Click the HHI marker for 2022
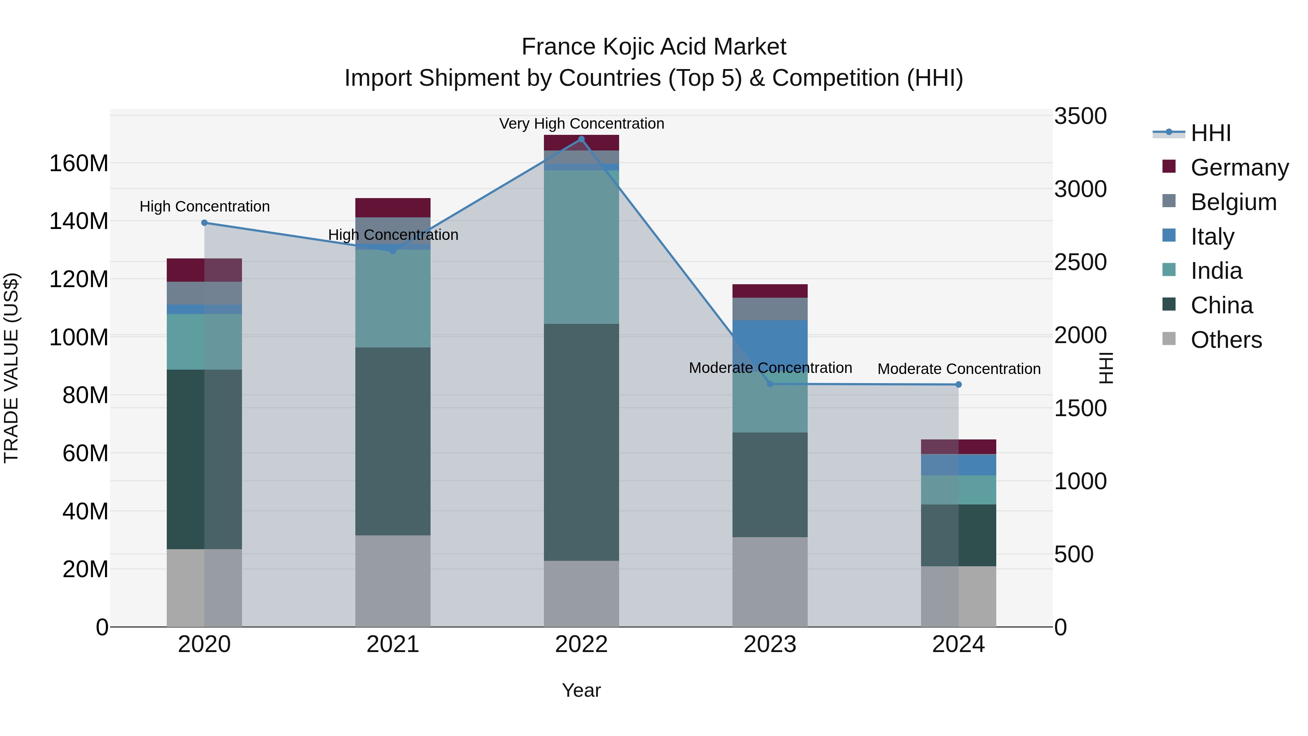(x=581, y=139)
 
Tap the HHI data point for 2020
(x=204, y=222)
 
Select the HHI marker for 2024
(x=958, y=385)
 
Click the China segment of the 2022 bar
(x=581, y=442)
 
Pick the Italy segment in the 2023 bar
(x=770, y=345)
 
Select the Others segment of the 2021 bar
(x=392, y=580)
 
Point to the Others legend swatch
(x=1169, y=339)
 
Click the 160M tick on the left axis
(x=79, y=164)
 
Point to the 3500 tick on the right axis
(x=1080, y=116)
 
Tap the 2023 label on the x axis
(x=770, y=644)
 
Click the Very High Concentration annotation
(x=581, y=124)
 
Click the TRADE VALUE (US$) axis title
(x=11, y=368)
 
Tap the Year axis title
(x=581, y=690)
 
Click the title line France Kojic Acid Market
(x=654, y=47)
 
